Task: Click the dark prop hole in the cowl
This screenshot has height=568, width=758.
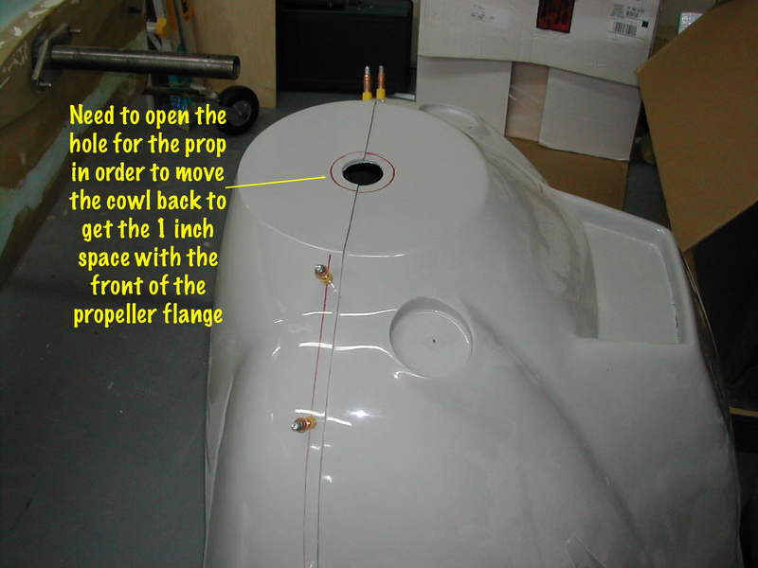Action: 363,173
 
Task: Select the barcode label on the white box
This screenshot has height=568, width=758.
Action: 624,28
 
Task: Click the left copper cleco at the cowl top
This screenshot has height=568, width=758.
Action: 367,83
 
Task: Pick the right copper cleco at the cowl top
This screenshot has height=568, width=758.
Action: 381,83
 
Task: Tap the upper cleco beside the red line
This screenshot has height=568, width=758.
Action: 324,274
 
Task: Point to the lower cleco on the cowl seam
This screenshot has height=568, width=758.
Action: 303,424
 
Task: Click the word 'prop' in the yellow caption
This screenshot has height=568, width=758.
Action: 206,145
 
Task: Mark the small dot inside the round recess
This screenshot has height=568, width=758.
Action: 434,342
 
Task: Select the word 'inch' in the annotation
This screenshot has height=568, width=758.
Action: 194,228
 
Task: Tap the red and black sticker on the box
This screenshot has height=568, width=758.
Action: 556,15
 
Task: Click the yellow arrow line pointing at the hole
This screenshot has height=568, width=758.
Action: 276,182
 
